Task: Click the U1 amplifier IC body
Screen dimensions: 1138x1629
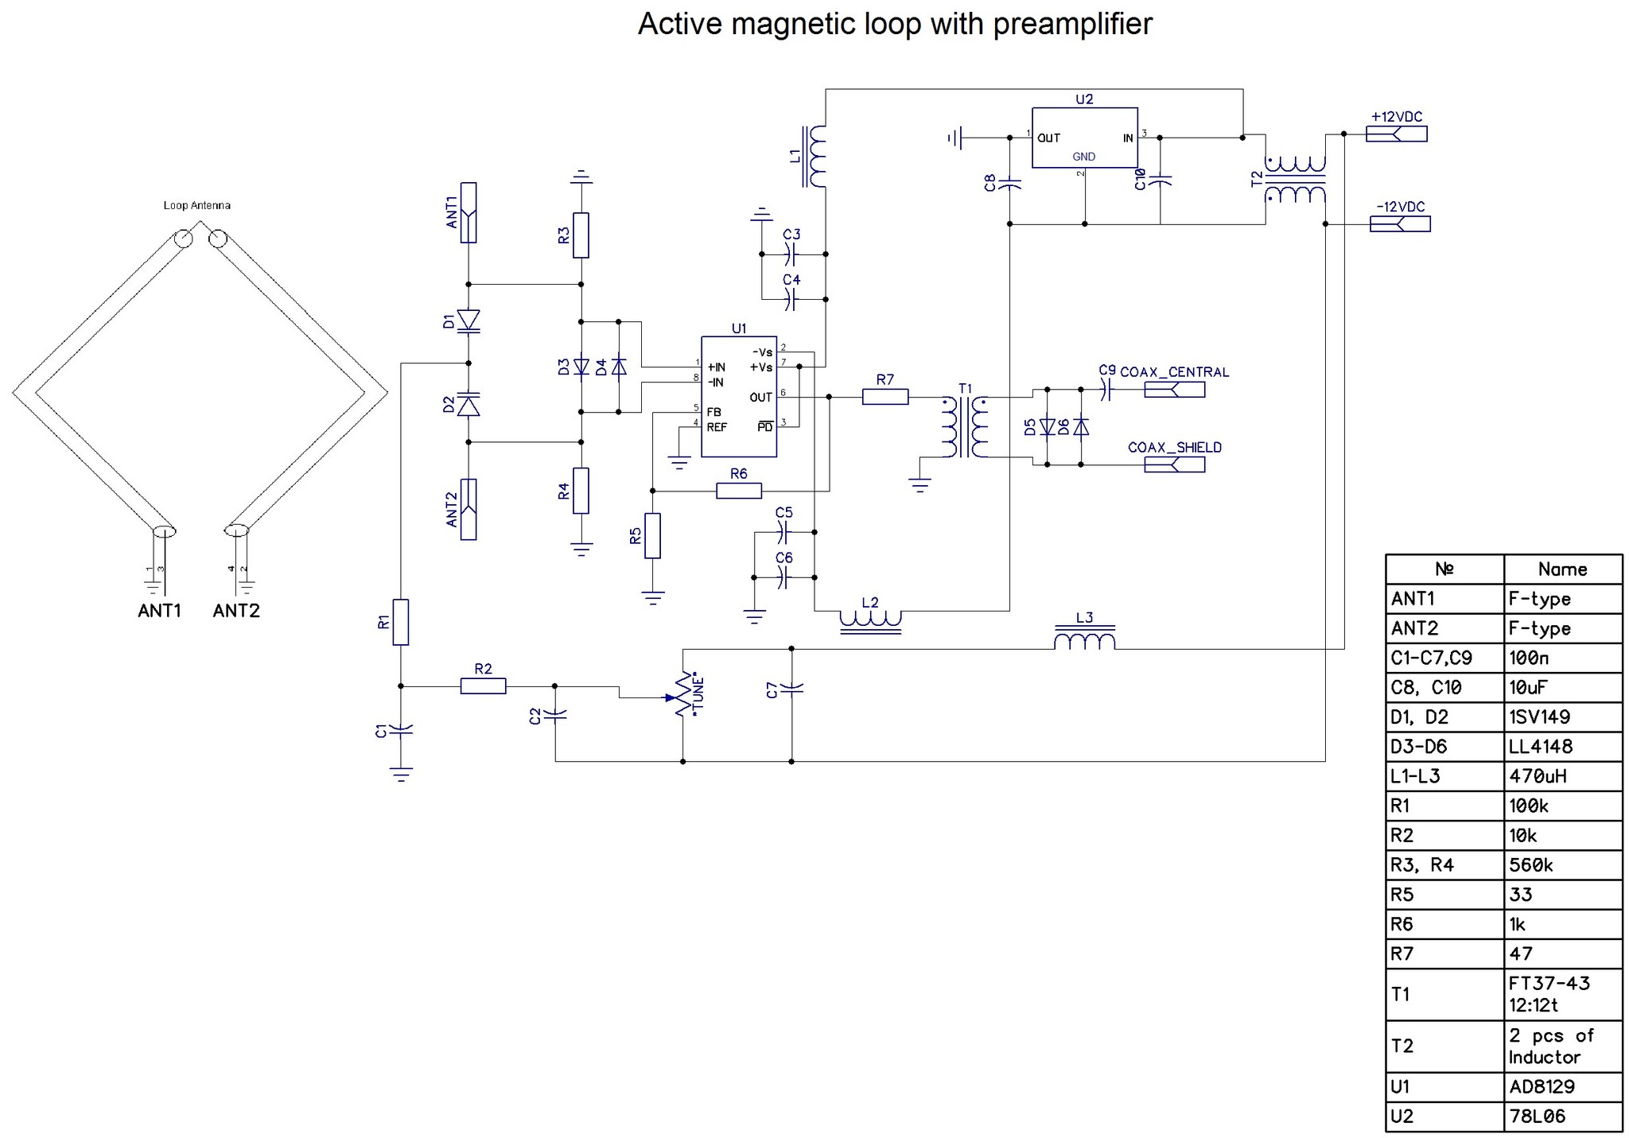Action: pyautogui.click(x=738, y=396)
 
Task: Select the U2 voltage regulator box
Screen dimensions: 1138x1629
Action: pyautogui.click(x=1084, y=138)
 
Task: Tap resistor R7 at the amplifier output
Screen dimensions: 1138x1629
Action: pyautogui.click(x=884, y=396)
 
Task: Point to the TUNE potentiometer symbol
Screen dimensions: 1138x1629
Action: pyautogui.click(x=683, y=697)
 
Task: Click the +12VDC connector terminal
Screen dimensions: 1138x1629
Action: pyautogui.click(x=1396, y=134)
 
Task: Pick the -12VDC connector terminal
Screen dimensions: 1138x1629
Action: pyautogui.click(x=1399, y=224)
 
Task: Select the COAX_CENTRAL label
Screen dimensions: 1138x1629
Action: pyautogui.click(x=1174, y=372)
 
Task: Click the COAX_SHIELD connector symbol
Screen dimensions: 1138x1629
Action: pyautogui.click(x=1174, y=464)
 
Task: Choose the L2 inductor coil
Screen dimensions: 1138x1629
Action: pyautogui.click(x=870, y=619)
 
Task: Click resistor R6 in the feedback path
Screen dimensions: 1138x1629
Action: pyautogui.click(x=738, y=491)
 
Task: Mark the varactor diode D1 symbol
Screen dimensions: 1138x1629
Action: pyautogui.click(x=468, y=320)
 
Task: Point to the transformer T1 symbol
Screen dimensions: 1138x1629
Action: pyautogui.click(x=964, y=427)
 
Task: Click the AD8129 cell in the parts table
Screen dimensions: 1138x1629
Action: pyautogui.click(x=1562, y=1086)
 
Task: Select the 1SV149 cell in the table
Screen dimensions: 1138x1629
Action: pyautogui.click(x=1562, y=717)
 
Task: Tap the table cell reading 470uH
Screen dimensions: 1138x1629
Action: pyautogui.click(x=1562, y=775)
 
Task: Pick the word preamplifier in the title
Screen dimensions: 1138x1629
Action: pyautogui.click(x=1072, y=24)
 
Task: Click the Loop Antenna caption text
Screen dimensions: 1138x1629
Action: pyautogui.click(x=196, y=205)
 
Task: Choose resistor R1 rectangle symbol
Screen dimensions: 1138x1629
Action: pyautogui.click(x=401, y=622)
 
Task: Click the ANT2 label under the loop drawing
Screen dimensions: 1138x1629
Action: pyautogui.click(x=236, y=611)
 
